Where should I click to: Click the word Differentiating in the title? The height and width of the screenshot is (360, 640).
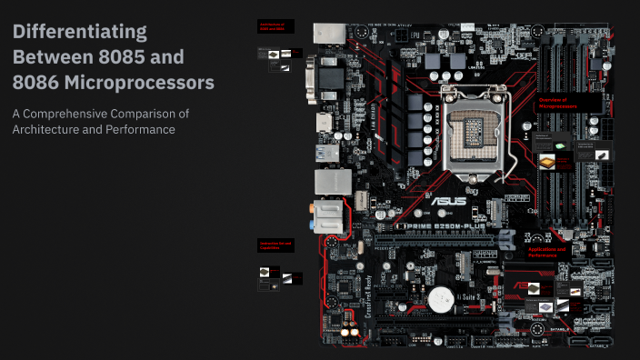pyautogui.click(x=79, y=32)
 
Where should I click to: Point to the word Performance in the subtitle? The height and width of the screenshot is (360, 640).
pyautogui.click(x=141, y=129)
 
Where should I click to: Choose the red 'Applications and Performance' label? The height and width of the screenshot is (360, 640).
pyautogui.click(x=547, y=252)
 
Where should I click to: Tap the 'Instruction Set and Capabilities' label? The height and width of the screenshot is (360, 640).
pyautogui.click(x=275, y=245)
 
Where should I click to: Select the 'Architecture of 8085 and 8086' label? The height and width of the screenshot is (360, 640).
pyautogui.click(x=272, y=27)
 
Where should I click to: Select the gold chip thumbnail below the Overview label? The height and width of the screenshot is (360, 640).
pyautogui.click(x=547, y=161)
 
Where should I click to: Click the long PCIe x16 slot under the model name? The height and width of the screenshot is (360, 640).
pyautogui.click(x=427, y=240)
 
